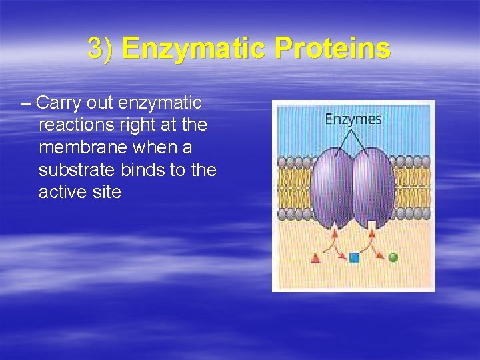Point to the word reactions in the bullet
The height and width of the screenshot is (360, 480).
click(76, 125)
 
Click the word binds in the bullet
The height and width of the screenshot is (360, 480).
click(141, 170)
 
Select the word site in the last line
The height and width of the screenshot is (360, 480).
click(107, 192)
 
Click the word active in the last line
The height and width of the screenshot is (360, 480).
click(64, 192)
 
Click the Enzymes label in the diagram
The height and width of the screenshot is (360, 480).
click(353, 119)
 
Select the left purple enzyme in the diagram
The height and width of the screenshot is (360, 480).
click(331, 189)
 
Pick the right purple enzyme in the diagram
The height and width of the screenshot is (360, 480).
click(373, 189)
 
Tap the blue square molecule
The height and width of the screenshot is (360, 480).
click(354, 257)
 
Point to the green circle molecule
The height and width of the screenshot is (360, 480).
click(393, 257)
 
